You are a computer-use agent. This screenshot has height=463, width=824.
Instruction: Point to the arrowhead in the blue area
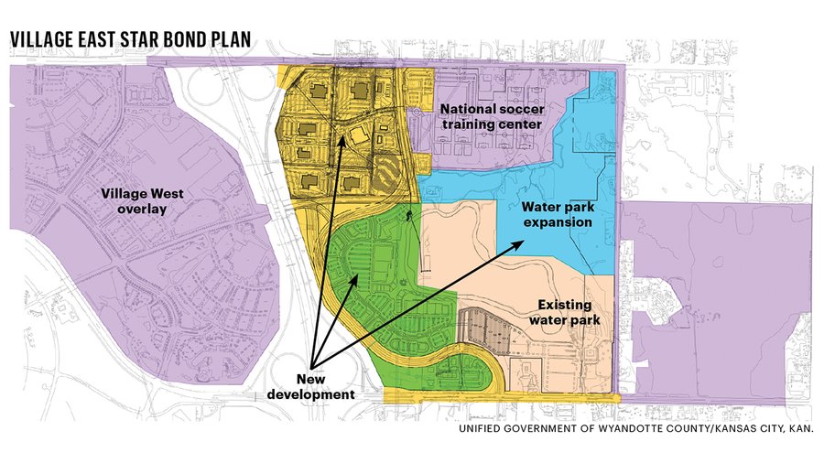click(521, 244)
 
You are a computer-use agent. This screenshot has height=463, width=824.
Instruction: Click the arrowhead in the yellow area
click(346, 139)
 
